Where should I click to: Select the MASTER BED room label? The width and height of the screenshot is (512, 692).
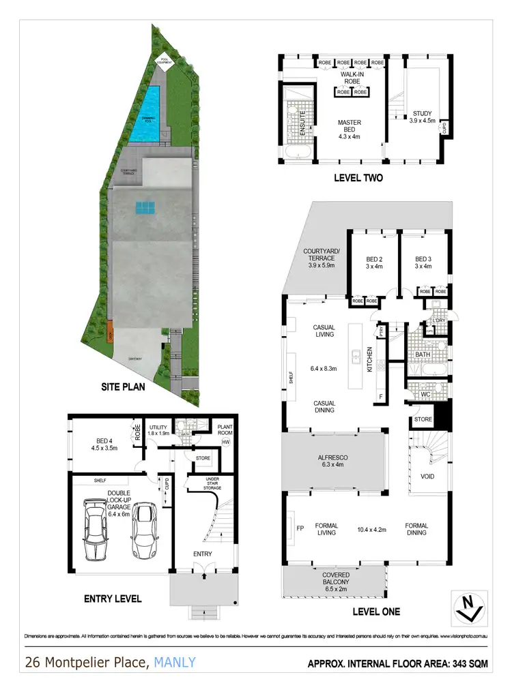pos(349,130)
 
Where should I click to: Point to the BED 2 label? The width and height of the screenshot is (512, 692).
pos(374,262)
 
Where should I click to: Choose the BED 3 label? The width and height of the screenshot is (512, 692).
pos(423,262)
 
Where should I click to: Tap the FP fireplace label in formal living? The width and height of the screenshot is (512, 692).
pos(298,528)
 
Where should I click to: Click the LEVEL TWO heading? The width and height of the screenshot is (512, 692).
pos(358,178)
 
